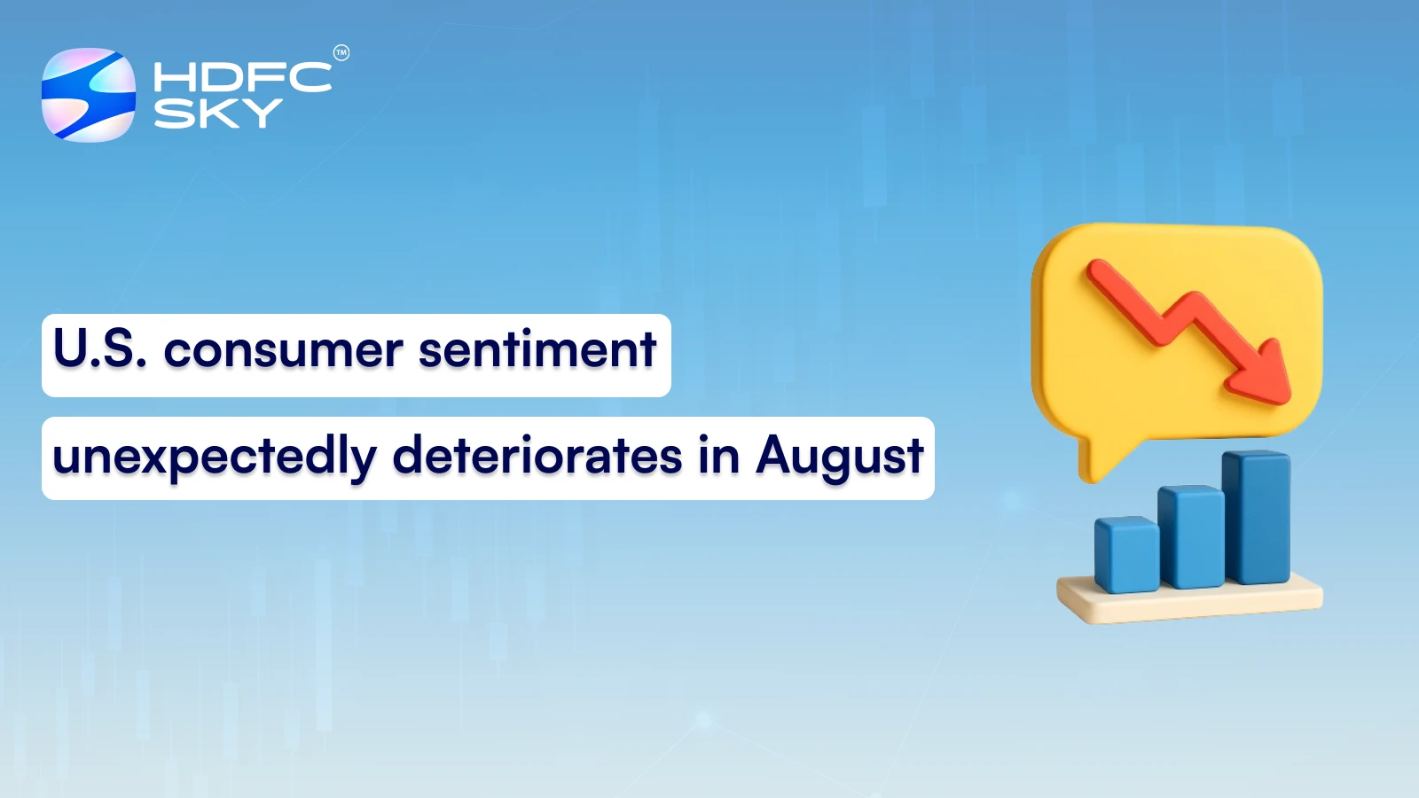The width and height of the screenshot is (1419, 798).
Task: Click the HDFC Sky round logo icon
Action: [x=89, y=95]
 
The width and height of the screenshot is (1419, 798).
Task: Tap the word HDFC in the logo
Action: [x=242, y=77]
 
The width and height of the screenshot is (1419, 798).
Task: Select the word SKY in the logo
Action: [x=217, y=113]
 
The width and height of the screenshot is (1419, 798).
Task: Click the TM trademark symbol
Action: [x=341, y=53]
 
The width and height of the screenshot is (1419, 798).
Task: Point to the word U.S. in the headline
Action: [x=99, y=348]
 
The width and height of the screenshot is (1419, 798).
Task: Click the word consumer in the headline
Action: [x=284, y=350]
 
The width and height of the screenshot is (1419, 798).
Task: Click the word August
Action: [x=839, y=458]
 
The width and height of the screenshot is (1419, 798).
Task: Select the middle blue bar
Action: [x=1191, y=536]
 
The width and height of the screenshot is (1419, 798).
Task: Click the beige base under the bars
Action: [x=1188, y=602]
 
